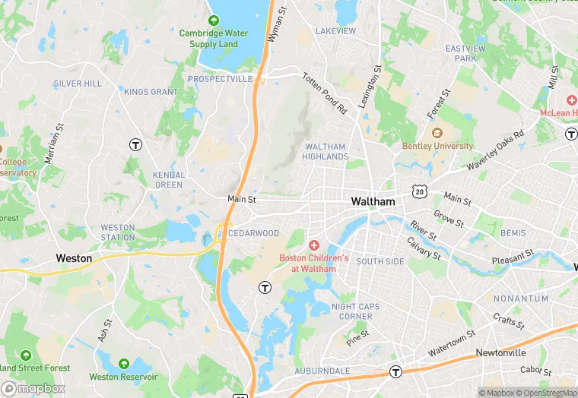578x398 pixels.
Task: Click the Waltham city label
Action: point(373,202)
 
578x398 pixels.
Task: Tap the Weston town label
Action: point(75,258)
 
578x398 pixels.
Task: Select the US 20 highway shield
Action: point(419,191)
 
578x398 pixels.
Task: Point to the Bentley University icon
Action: point(437,134)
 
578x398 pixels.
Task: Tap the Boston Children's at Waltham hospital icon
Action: point(313,245)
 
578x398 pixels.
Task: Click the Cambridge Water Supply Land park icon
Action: point(214,21)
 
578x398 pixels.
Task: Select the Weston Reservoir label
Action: point(123,377)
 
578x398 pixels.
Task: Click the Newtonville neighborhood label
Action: point(500,353)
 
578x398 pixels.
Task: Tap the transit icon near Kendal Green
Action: point(135,144)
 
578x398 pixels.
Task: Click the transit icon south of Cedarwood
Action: point(265,287)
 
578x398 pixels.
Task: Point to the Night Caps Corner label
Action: point(356,311)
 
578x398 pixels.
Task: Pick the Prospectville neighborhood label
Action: point(220,79)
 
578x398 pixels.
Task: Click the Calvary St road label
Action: point(424,248)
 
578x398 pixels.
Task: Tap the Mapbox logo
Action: point(33,388)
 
